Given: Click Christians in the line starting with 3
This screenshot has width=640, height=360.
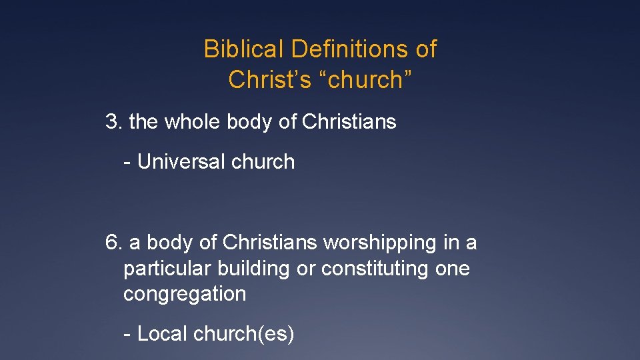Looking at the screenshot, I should pyautogui.click(x=349, y=122).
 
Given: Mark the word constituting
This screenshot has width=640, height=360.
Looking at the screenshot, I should pyautogui.click(x=379, y=269).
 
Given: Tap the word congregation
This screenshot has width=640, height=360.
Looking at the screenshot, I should pyautogui.click(x=185, y=294).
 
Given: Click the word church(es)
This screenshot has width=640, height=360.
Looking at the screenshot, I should pyautogui.click(x=243, y=334).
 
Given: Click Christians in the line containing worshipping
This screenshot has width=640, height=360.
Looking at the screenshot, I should pyautogui.click(x=270, y=243).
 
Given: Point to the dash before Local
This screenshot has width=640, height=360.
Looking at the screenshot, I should pyautogui.click(x=127, y=334).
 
